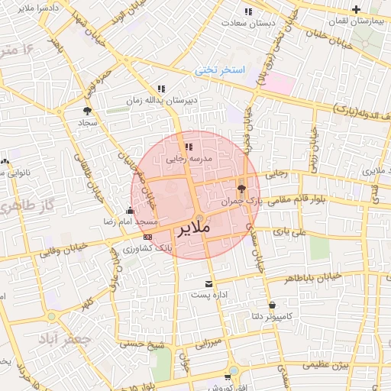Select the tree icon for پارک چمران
tap(242, 189)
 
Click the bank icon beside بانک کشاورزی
tap(147, 238)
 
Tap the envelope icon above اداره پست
tap(208, 283)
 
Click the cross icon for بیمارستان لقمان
tap(356, 10)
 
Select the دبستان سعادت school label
tap(248, 23)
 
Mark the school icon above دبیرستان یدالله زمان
tap(160, 89)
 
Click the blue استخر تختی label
tap(219, 69)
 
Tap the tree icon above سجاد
tap(86, 111)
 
